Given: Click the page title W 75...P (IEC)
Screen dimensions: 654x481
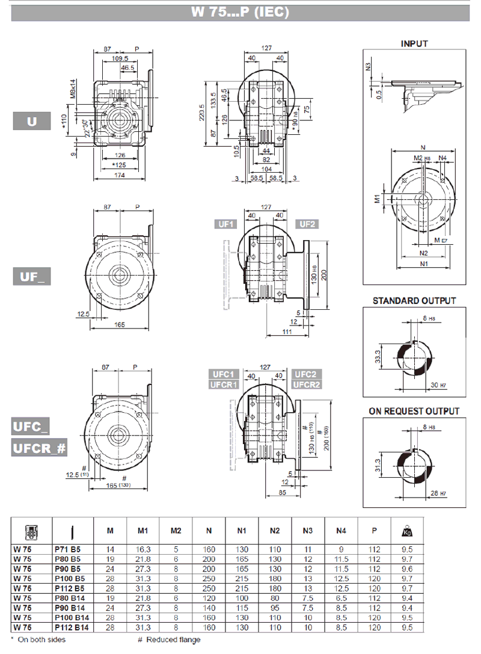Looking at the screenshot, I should [x=240, y=12].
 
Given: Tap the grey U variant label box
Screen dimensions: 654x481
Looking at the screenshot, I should [x=32, y=122].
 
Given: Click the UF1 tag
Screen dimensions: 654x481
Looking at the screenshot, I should [x=227, y=224].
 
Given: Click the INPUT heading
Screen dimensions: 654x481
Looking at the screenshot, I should [x=414, y=43].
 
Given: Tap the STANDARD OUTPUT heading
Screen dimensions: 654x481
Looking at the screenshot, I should [x=414, y=300].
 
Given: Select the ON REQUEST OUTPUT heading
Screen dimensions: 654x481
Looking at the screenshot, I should [x=414, y=412].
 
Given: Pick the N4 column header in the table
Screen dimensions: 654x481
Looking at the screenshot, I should [x=342, y=531].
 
